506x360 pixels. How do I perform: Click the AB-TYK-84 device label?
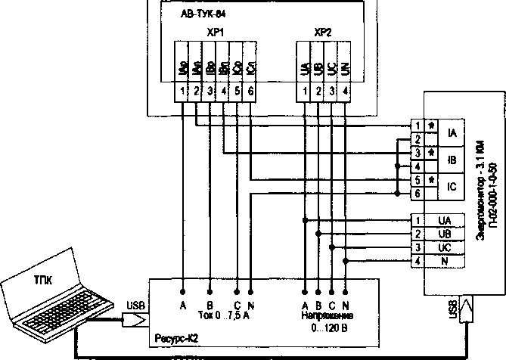pos(203,14)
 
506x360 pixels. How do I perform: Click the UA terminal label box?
pos(445,220)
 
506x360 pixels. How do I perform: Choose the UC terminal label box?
pos(445,247)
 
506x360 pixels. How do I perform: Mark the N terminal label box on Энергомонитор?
pos(445,261)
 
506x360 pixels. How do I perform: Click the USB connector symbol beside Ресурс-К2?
pos(135,320)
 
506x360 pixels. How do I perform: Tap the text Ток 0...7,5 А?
pos(222,317)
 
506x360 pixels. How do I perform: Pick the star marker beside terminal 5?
pos(431,180)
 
